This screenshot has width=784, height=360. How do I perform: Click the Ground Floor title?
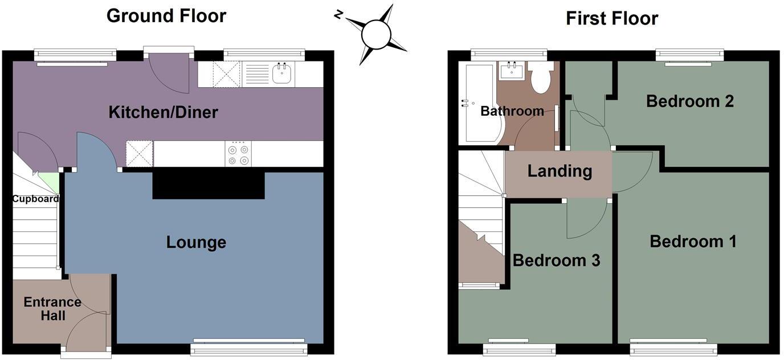point(166,16)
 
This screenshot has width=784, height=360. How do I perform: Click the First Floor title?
point(611,18)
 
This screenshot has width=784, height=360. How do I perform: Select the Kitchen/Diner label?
point(163,112)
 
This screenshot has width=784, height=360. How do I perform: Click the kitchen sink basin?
point(283,73)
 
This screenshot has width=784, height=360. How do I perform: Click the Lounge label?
point(196,242)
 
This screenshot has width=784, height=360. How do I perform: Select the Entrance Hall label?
point(52,309)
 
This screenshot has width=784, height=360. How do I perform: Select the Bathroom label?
point(512,111)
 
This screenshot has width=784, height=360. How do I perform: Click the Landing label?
point(560,171)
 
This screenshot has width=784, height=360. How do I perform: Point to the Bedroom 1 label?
point(693,242)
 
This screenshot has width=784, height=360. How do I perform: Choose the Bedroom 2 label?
point(689,101)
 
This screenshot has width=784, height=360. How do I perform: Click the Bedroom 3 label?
point(556,260)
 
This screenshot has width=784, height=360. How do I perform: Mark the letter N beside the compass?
point(338,15)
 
